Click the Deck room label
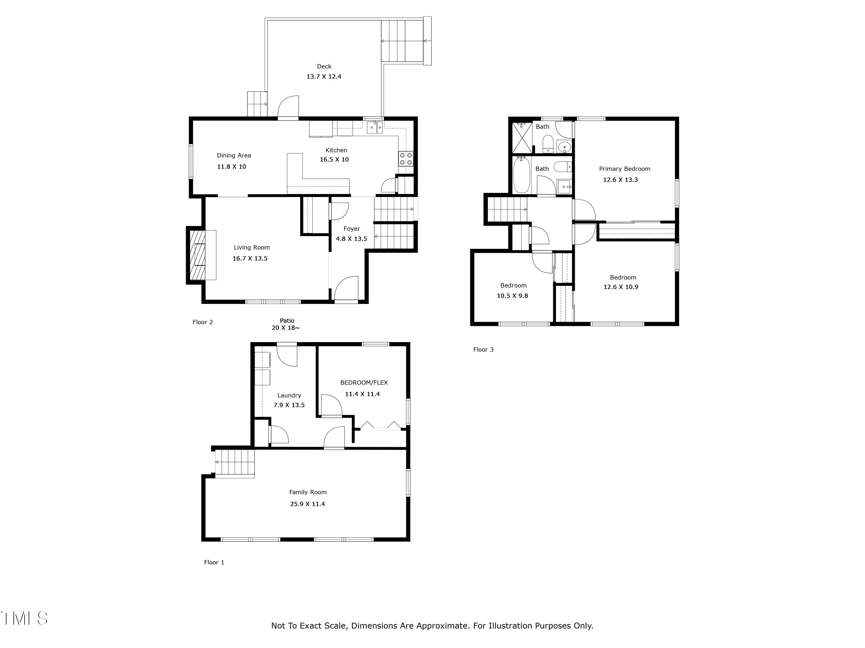click(x=324, y=67)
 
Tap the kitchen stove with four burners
click(x=405, y=159)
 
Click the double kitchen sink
click(x=375, y=127)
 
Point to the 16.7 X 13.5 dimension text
click(x=250, y=258)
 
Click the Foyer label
click(x=351, y=228)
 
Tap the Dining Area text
click(x=234, y=156)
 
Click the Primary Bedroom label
click(x=625, y=169)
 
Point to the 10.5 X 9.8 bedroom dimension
click(x=512, y=296)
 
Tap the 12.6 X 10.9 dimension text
click(x=620, y=287)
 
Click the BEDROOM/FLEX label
click(x=364, y=382)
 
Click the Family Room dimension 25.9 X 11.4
click(x=307, y=504)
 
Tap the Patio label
click(x=287, y=320)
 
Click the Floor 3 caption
click(x=483, y=350)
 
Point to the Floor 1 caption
click(x=214, y=562)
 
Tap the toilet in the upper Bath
click(x=548, y=143)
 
